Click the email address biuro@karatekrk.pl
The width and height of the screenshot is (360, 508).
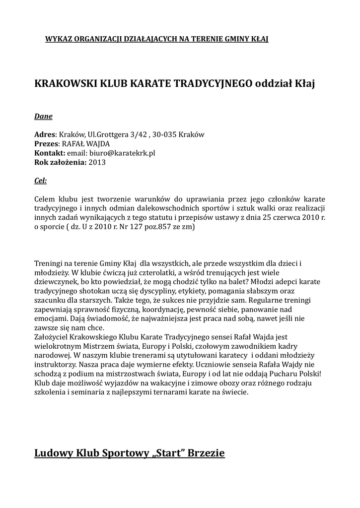tap(122, 153)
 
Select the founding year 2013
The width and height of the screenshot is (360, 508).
tap(97, 162)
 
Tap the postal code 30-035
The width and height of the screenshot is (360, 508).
tap(163, 134)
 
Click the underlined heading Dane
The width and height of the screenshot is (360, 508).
tap(43, 117)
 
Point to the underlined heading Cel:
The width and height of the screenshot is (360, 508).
tap(40, 181)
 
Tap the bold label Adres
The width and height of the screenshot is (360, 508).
tap(44, 134)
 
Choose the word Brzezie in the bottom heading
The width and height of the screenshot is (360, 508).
tap(206, 453)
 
